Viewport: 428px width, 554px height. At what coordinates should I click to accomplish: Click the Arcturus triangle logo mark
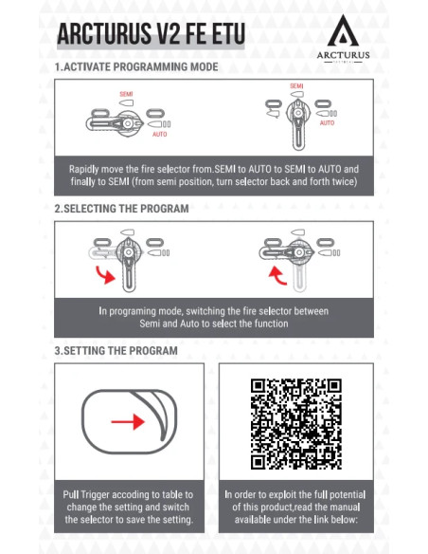[343, 33]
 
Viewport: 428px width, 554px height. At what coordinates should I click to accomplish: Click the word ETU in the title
[225, 34]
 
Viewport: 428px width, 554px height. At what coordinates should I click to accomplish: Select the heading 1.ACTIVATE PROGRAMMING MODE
[136, 66]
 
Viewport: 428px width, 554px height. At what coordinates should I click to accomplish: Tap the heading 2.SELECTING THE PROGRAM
[121, 209]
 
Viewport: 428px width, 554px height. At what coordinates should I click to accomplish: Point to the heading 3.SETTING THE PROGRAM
[116, 350]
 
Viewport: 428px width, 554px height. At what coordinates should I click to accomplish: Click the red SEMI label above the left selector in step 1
[126, 94]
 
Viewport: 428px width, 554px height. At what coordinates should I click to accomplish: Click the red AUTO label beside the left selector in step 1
[160, 135]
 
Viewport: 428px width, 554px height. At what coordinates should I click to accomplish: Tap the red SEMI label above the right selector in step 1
[296, 86]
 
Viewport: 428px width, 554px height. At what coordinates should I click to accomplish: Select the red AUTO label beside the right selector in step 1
[328, 123]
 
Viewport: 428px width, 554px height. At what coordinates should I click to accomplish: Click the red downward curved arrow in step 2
[105, 275]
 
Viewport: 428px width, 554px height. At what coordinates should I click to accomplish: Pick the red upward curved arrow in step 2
[277, 276]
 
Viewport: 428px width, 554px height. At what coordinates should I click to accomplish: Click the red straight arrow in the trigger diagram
[128, 421]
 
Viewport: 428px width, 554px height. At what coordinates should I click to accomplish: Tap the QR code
[296, 424]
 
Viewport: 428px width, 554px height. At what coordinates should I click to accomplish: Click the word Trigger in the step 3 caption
[96, 494]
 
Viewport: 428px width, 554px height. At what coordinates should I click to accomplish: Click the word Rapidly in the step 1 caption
[84, 169]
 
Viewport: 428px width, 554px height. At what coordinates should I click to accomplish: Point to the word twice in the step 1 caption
[345, 181]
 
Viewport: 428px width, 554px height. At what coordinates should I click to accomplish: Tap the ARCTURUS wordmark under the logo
[343, 55]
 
